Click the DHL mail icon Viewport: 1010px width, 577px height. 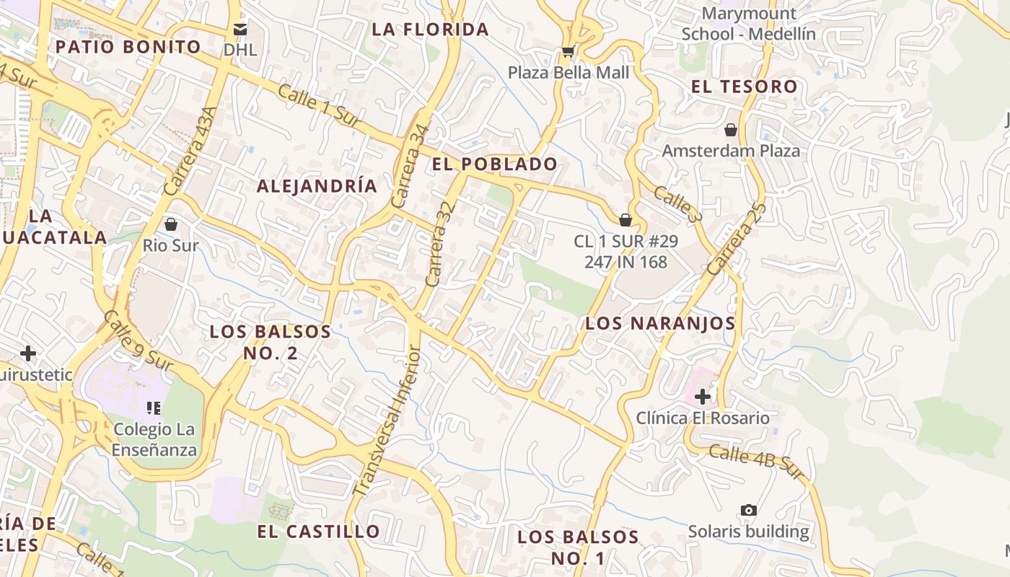click(x=240, y=30)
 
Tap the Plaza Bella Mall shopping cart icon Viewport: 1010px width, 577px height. click(x=568, y=52)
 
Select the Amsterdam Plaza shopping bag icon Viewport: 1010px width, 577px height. click(x=731, y=130)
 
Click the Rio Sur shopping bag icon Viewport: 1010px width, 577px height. click(x=171, y=224)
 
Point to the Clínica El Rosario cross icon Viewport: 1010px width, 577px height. click(x=703, y=396)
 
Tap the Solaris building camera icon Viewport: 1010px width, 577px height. click(x=749, y=511)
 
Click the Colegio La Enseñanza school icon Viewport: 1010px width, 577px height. click(x=153, y=408)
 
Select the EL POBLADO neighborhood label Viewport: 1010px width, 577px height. click(x=495, y=164)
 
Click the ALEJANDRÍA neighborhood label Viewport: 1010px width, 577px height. click(x=317, y=186)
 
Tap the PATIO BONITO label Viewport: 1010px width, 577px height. click(x=128, y=48)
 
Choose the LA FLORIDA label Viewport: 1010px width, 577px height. click(x=430, y=30)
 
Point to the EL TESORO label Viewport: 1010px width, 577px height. click(x=745, y=87)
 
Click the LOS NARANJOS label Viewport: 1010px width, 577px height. click(x=660, y=323)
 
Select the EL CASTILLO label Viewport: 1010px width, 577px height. click(x=318, y=532)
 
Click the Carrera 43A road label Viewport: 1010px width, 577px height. click(x=190, y=151)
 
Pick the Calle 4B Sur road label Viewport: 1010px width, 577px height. click(x=755, y=462)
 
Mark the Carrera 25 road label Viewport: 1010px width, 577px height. click(x=735, y=239)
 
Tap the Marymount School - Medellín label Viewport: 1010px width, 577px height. click(x=749, y=24)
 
